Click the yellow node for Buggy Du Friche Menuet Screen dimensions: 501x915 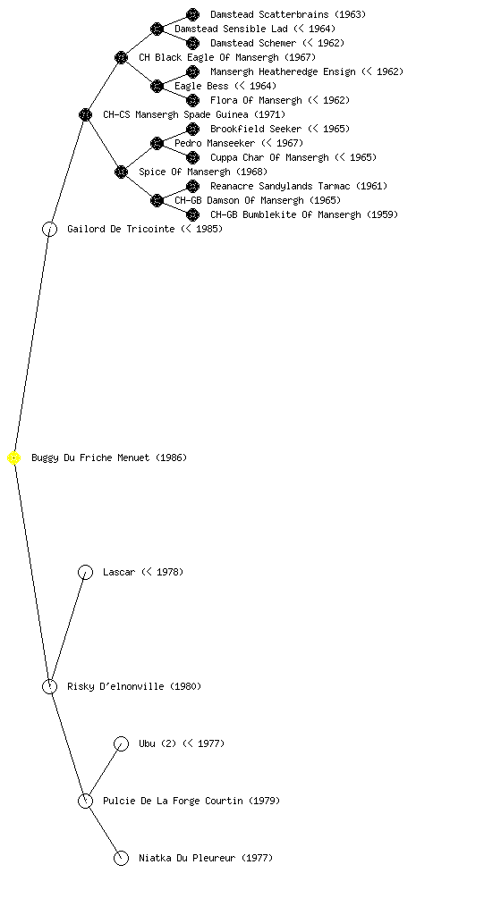[14, 458]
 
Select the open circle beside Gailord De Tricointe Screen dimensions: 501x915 [49, 229]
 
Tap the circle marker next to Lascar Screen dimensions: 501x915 [85, 572]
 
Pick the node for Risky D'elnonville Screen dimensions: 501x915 [49, 686]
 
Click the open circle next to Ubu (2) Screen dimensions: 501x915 [121, 743]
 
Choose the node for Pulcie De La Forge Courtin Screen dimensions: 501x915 [85, 801]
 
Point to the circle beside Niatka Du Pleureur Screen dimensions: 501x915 [121, 858]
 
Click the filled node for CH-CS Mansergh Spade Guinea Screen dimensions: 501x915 [85, 114]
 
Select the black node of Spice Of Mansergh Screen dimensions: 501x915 [121, 172]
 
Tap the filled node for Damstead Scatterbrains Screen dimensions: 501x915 [192, 14]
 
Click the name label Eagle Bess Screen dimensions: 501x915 [201, 86]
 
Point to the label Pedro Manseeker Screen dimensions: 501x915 [215, 143]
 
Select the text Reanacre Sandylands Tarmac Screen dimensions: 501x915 [280, 186]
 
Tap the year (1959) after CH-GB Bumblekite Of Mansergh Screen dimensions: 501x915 [383, 214]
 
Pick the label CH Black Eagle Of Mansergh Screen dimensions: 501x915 [208, 57]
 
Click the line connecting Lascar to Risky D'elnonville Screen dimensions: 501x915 [67, 629]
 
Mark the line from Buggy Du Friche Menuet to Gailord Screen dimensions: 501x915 [31, 343]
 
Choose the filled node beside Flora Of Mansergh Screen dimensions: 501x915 [192, 100]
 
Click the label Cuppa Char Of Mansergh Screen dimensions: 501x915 [269, 157]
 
